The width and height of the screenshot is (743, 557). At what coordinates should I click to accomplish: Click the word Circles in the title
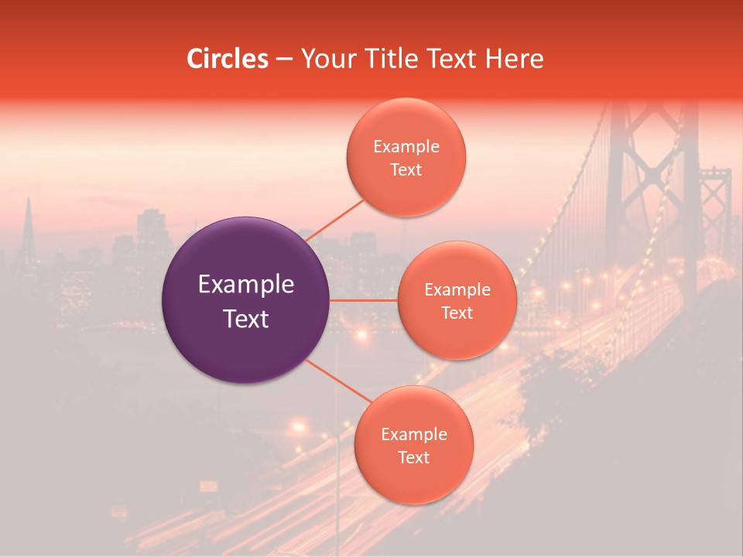[227, 59]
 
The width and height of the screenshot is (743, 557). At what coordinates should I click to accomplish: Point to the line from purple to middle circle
[364, 300]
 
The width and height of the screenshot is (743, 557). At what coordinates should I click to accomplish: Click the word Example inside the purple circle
[246, 285]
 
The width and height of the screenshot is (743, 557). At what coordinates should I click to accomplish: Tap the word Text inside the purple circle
[246, 319]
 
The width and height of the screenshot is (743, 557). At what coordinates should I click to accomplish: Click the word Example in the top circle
[406, 147]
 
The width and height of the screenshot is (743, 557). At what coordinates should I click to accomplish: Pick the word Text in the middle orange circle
[457, 313]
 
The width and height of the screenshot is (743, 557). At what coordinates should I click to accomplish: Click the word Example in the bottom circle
[413, 435]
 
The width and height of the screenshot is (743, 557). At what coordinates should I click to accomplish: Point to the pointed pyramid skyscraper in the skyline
[29, 228]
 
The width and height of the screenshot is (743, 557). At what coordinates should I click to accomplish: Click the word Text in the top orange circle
[406, 169]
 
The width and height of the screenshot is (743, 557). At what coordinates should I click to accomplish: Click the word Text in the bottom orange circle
[413, 457]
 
